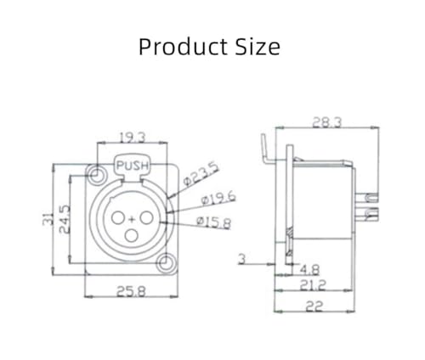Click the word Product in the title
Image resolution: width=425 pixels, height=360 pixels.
point(184,47)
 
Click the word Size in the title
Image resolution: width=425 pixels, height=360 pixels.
point(258,47)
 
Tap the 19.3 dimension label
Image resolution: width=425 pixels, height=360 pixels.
point(132,138)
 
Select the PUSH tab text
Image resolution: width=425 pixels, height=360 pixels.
point(133,166)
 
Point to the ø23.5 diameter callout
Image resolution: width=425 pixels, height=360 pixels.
point(201,175)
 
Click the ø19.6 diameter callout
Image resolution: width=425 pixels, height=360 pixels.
point(218,199)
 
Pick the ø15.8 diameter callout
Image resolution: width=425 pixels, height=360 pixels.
point(214,222)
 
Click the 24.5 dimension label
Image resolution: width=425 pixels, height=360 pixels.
point(65,219)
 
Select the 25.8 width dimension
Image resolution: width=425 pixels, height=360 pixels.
point(131,291)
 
